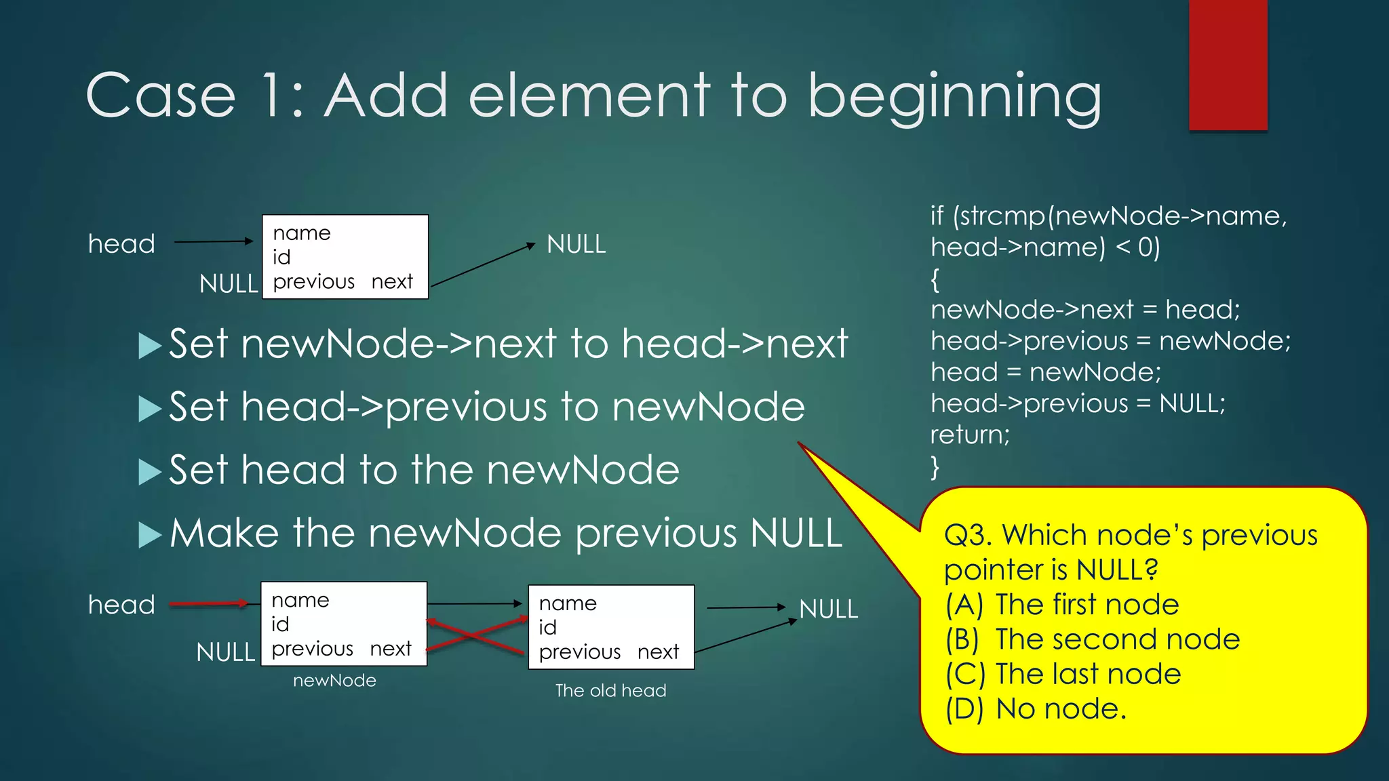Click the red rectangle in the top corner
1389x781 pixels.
pyautogui.click(x=1228, y=64)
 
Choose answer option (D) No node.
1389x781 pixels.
pyautogui.click(x=1036, y=709)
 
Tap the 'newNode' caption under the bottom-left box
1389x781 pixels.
pyautogui.click(x=334, y=681)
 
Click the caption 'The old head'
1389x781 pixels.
pyautogui.click(x=610, y=691)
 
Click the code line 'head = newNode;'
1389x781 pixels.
pyautogui.click(x=1045, y=372)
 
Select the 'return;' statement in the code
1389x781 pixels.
pyautogui.click(x=970, y=435)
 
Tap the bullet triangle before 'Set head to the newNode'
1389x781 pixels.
pyautogui.click(x=149, y=472)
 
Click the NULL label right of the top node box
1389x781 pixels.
pyautogui.click(x=576, y=244)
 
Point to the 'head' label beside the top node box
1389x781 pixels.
pyautogui.click(x=121, y=244)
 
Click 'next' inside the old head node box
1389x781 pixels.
pyautogui.click(x=658, y=652)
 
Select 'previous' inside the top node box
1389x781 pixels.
pyautogui.click(x=313, y=282)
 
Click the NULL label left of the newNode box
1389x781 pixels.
pyautogui.click(x=225, y=652)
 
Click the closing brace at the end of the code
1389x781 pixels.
pyautogui.click(x=935, y=467)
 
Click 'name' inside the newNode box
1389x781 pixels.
pyautogui.click(x=300, y=601)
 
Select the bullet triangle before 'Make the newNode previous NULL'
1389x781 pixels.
pyautogui.click(x=149, y=535)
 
